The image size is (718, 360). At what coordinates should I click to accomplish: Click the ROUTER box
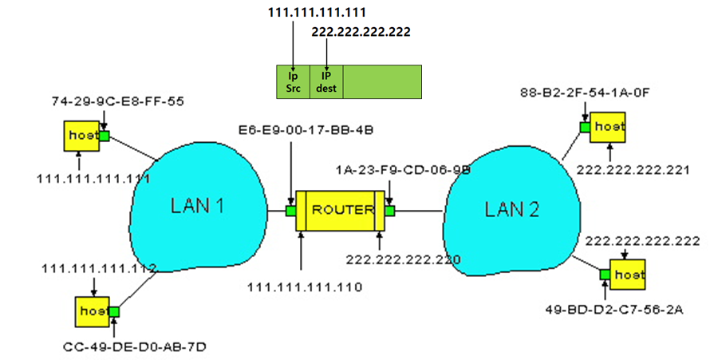coord(341,211)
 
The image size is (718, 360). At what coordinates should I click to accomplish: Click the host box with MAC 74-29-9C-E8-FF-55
coord(81,136)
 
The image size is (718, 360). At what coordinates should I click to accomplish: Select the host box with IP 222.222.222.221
coord(609,127)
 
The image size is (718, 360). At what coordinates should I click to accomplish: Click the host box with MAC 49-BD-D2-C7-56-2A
coord(629,275)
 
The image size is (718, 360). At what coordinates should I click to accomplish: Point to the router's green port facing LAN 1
coord(292,211)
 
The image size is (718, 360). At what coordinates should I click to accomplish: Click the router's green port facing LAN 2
coord(390,211)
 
